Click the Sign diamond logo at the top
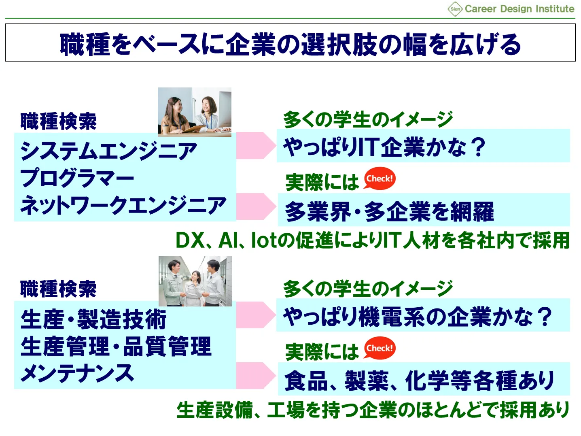coord(455,9)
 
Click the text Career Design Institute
coord(520,9)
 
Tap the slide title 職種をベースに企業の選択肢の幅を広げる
coord(290,44)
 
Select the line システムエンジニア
coord(108,150)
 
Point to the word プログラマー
coord(77,178)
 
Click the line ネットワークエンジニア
coord(123,205)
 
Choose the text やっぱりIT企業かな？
coord(384,147)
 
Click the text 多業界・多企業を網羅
coord(389,211)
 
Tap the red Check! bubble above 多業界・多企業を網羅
coord(379,179)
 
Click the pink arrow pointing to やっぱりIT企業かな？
coord(256,145)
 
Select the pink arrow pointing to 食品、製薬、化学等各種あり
coord(256,376)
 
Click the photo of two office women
coord(195,112)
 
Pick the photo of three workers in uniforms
coord(195,281)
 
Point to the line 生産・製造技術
coord(93,319)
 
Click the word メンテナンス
coord(77,373)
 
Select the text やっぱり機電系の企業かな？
coord(418,316)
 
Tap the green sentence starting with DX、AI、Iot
coord(373,240)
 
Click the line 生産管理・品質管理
coord(116,346)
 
